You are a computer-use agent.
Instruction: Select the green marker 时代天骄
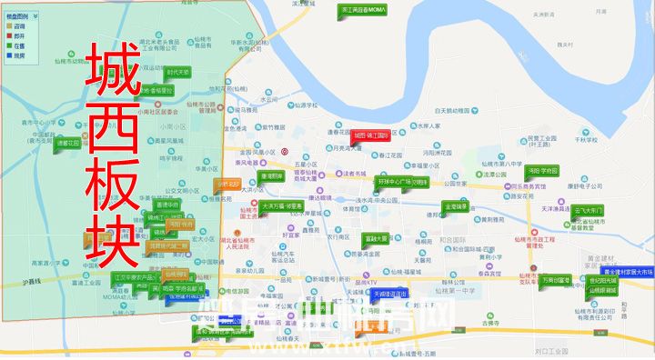click(x=177, y=72)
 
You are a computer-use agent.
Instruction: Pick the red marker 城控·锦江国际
click(x=370, y=135)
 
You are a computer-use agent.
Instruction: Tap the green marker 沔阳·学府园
click(x=542, y=170)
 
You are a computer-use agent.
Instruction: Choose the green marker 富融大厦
click(x=376, y=238)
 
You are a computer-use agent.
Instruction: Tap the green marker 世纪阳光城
click(x=601, y=281)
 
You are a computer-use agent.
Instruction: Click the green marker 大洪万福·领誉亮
click(x=281, y=206)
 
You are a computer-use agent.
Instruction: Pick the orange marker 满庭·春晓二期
click(x=168, y=245)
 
